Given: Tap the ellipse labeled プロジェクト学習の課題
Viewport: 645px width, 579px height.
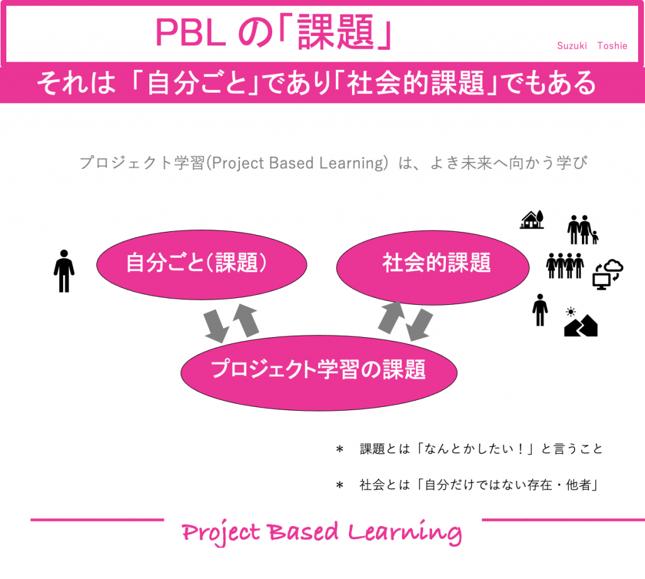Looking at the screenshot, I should point(319,370).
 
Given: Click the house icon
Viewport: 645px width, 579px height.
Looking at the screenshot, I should point(532,219).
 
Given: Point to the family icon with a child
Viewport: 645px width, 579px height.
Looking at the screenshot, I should point(583,230).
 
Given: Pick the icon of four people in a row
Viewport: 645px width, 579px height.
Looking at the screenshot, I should point(565,265).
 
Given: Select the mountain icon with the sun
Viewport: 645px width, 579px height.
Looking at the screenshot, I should point(580,323).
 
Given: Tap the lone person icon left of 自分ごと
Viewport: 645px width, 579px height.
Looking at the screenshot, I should point(64,271).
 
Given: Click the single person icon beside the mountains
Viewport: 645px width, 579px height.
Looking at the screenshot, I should point(540,310).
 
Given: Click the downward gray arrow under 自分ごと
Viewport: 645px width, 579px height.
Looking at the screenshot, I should point(215,325).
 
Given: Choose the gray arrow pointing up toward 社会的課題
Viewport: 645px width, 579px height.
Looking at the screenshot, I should point(392,317).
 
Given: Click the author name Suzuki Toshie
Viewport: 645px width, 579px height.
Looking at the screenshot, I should point(591,46).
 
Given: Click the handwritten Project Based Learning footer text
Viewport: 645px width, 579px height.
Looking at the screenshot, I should point(321,532).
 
